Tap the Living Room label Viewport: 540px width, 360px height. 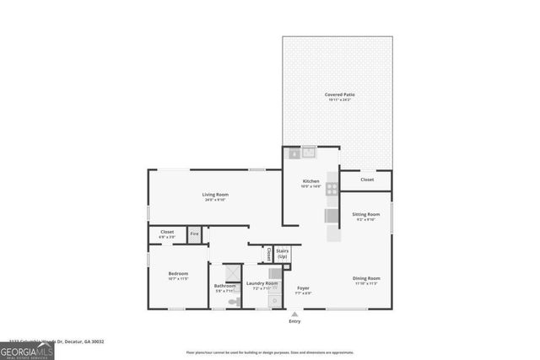click(x=214, y=195)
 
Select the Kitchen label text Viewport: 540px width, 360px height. click(x=311, y=181)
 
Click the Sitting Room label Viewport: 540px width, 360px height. click(x=365, y=214)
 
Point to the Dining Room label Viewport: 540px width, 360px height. click(x=366, y=278)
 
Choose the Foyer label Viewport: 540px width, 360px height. click(x=303, y=288)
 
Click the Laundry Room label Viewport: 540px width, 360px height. click(x=262, y=283)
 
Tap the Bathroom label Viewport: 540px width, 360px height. click(x=224, y=286)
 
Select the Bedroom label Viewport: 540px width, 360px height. click(x=178, y=274)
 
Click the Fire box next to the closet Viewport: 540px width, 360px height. click(x=194, y=234)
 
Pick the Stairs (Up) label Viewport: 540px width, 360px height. click(x=282, y=253)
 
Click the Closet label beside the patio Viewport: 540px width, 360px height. click(x=367, y=180)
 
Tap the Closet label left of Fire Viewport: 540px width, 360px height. click(x=166, y=234)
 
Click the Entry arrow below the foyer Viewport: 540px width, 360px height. click(x=294, y=313)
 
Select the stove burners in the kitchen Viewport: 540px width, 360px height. click(x=332, y=189)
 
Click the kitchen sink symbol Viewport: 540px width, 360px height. click(x=309, y=153)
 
